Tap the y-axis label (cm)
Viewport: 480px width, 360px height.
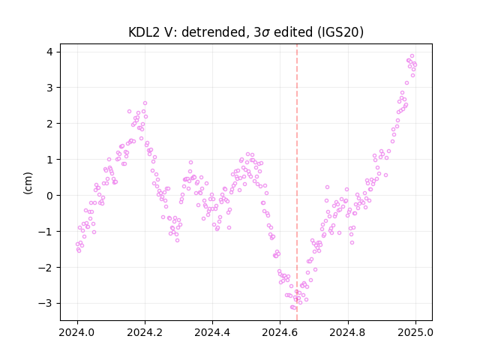pos(28,183)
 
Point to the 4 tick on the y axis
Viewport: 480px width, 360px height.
pos(49,52)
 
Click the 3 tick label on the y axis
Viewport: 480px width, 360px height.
pos(49,88)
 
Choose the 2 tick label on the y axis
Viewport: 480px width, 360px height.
pos(49,124)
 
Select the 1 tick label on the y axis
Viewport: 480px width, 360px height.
pos(49,160)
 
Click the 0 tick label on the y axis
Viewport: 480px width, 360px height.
pos(49,196)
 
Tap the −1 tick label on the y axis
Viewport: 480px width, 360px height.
pos(45,232)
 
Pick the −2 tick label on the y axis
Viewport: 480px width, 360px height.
pos(45,268)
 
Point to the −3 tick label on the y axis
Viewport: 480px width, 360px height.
pos(45,303)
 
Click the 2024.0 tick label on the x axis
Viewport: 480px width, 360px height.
pos(77,332)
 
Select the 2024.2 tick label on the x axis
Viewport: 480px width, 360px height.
pos(145,332)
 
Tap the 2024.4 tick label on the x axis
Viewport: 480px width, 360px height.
pos(212,332)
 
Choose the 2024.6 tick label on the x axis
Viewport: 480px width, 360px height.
pos(280,332)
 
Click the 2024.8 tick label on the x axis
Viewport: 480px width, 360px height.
pos(348,332)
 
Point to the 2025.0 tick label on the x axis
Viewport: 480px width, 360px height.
pos(415,332)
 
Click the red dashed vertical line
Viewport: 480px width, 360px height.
pos(297,182)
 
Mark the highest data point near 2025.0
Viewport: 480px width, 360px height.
pos(412,56)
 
